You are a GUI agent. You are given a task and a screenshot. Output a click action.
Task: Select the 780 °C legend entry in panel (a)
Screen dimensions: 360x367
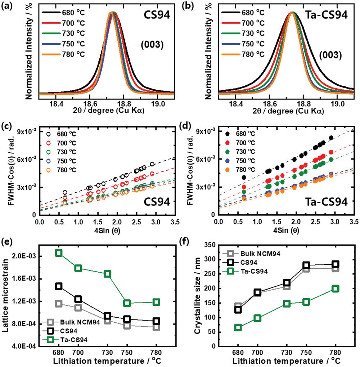[63, 54]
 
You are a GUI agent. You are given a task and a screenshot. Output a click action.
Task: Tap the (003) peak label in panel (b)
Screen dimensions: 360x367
[330, 55]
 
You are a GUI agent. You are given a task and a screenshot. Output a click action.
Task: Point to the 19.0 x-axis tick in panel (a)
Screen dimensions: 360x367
[158, 104]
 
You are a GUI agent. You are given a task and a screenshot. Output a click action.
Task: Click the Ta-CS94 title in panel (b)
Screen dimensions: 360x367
[327, 15]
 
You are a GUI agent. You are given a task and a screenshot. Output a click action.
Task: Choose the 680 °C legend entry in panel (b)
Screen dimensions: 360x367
[243, 12]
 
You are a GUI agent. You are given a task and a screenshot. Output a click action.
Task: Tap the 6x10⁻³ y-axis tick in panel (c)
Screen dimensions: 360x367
[26, 159]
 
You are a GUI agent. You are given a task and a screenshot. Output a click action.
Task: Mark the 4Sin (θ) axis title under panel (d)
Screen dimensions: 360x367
[286, 230]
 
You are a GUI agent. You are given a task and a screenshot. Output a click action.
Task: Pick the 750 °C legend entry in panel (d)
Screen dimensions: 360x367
[240, 161]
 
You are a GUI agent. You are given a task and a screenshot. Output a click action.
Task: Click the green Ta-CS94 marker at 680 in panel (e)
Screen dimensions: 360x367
[58, 253]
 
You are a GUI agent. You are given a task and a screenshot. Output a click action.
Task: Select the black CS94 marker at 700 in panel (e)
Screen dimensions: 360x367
[78, 299]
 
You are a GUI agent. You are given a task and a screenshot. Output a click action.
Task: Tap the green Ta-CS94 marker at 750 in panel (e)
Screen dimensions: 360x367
[127, 303]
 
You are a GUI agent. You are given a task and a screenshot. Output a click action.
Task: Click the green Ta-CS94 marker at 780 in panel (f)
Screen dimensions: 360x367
[336, 289]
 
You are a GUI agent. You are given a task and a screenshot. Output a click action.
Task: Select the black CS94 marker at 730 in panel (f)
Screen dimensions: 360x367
[287, 283]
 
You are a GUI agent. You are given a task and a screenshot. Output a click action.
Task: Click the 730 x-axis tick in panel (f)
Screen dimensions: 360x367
[287, 352]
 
